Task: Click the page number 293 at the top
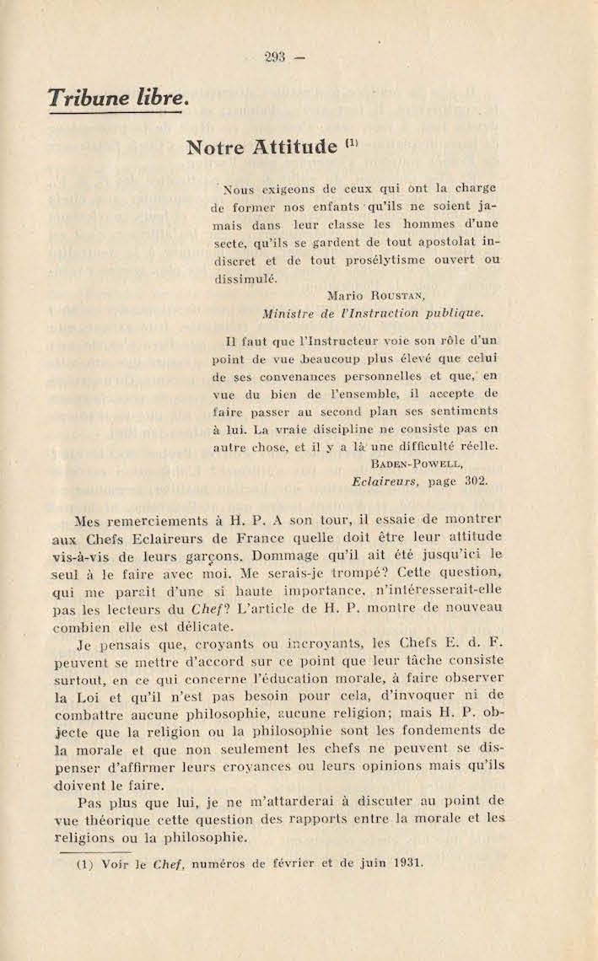pyautogui.click(x=275, y=57)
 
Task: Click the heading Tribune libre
pyautogui.click(x=116, y=97)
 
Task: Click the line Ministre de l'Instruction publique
pyautogui.click(x=373, y=313)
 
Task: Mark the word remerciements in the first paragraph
pyautogui.click(x=170, y=521)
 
